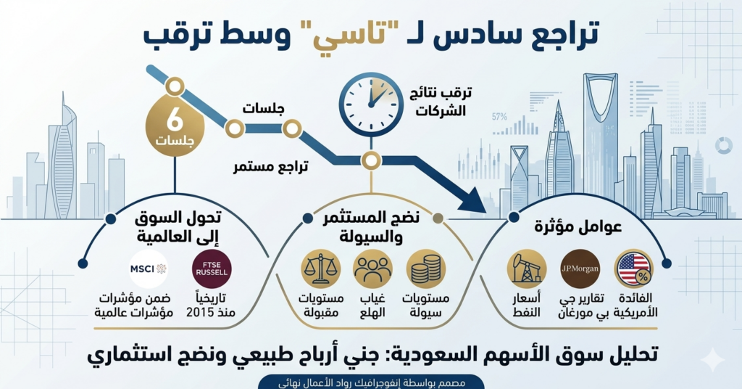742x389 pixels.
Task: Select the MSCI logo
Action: point(148,269)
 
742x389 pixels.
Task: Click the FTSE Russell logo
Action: point(212,269)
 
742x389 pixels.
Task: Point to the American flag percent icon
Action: point(634,269)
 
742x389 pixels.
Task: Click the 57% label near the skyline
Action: point(499,116)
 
